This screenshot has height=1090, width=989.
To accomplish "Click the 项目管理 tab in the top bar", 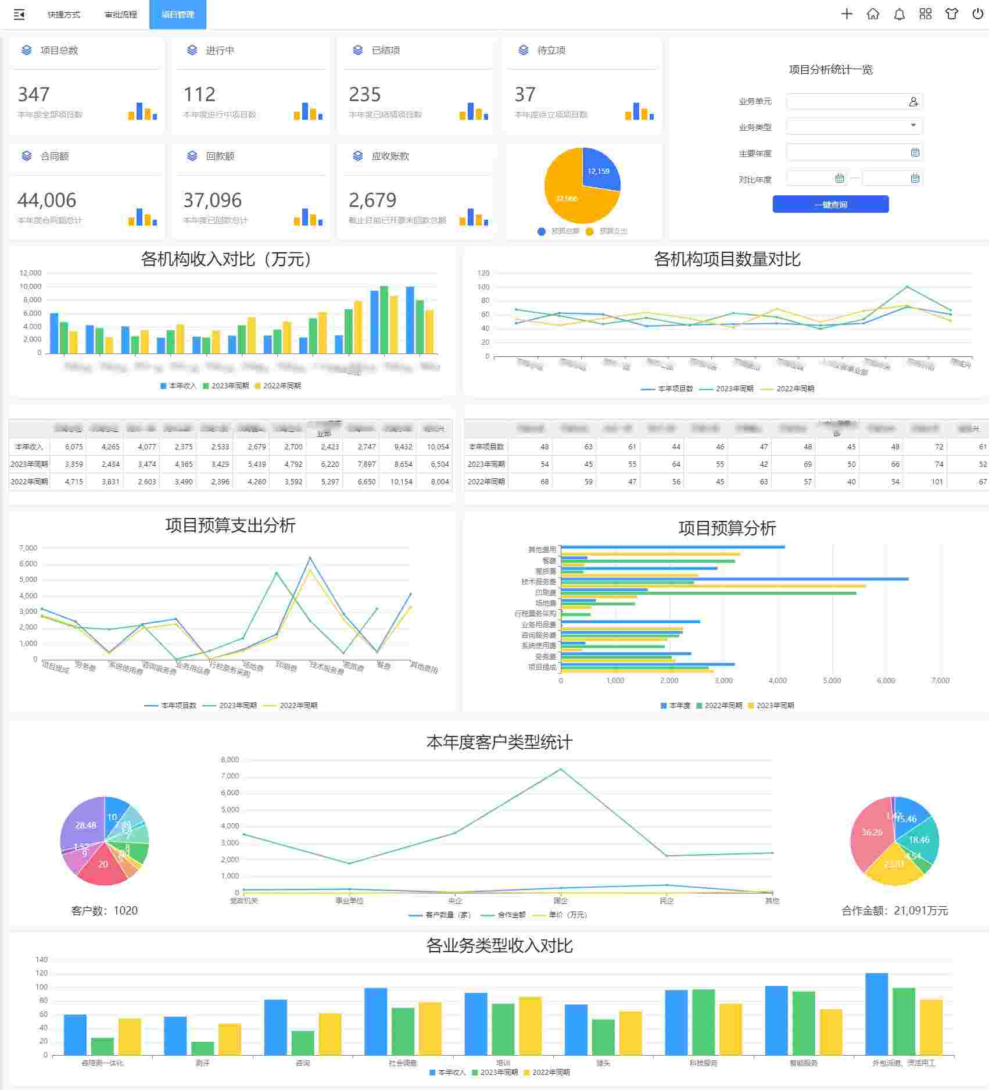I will pos(177,15).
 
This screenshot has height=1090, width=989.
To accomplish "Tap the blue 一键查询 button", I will pos(830,204).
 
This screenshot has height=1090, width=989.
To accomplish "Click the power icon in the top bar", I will pos(977,14).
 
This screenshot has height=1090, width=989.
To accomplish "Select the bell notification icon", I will pos(899,14).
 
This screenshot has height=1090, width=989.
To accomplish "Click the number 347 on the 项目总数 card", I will pos(34,94).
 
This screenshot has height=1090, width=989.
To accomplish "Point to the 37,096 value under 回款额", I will pos(212,200).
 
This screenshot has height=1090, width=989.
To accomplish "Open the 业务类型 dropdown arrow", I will pos(913,126).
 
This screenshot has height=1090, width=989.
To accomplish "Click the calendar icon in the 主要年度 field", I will pos(915,152).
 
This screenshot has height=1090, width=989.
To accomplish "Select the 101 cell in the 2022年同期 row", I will pos(937,481).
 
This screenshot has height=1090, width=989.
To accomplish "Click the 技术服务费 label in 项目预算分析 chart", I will pos(538,581).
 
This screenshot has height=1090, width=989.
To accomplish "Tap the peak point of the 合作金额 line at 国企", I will pos(561,769).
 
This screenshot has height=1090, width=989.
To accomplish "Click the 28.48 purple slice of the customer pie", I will pos(84,825).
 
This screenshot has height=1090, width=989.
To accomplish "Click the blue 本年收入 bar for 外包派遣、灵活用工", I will pos(876,1014).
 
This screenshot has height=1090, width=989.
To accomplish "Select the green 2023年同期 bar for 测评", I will pos(203,1048).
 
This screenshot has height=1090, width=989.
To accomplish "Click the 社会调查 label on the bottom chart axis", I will pos(403,1063).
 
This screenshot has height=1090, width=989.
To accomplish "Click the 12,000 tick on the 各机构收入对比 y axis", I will pos(30,273).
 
